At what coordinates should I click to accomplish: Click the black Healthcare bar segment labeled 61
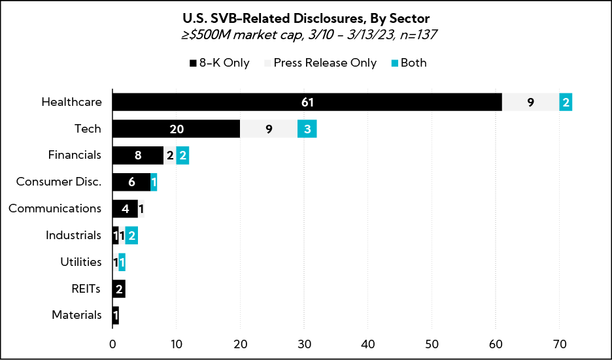point(307,102)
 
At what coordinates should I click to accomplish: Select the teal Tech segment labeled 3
point(307,129)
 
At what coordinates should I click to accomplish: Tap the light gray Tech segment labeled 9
point(269,129)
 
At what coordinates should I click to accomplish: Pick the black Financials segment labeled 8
point(137,155)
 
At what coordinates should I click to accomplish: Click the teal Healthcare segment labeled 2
point(566,102)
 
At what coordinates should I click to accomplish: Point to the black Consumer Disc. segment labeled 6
point(131,182)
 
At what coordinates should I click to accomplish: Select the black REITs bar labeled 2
point(118,289)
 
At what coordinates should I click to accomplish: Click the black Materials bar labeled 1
point(115,316)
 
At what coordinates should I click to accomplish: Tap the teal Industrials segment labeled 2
point(131,236)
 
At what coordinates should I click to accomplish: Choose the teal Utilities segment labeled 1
point(122,262)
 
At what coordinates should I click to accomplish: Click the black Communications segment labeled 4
point(125,209)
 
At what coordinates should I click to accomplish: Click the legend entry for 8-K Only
point(220,63)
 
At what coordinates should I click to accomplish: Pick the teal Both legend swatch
point(394,63)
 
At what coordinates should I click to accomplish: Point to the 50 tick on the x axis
point(432,343)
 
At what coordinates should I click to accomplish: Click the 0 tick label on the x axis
point(112,343)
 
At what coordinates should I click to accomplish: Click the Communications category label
point(55,209)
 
